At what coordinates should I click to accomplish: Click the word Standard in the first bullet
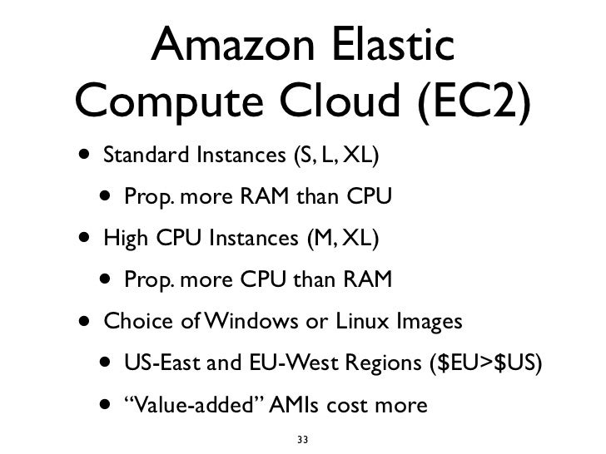[137, 156]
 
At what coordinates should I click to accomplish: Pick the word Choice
[132, 322]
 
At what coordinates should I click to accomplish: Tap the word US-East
[159, 363]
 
